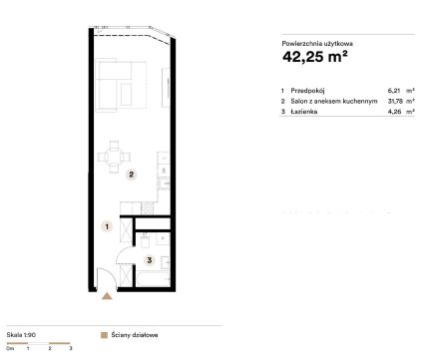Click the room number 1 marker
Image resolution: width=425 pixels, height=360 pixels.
(x=107, y=226)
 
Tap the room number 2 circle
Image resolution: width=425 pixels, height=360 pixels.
(x=132, y=175)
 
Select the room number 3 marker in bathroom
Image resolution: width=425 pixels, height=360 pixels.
(x=150, y=260)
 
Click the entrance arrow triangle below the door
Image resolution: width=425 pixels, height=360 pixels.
(x=107, y=296)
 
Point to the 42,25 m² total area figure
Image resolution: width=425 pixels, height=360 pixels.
(x=315, y=56)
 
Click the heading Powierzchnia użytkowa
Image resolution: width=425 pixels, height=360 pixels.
(x=317, y=43)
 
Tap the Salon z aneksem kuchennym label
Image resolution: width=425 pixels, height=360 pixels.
(x=334, y=101)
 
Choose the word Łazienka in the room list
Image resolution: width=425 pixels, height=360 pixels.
(x=304, y=112)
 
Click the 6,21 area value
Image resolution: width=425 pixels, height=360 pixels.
(x=394, y=91)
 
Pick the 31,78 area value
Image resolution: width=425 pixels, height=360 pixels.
(x=394, y=101)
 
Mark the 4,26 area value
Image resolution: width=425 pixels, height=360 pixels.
(x=394, y=112)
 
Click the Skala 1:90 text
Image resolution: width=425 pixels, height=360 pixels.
(x=21, y=335)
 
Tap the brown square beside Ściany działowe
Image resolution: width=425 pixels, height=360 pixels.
(x=104, y=335)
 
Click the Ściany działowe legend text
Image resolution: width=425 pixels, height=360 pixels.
(x=135, y=335)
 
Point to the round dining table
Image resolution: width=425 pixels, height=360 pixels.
(x=114, y=157)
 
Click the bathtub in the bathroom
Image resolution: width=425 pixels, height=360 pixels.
(x=153, y=279)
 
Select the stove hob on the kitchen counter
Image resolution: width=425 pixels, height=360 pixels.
(x=148, y=208)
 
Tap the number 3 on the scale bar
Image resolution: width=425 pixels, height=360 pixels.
(x=71, y=348)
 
